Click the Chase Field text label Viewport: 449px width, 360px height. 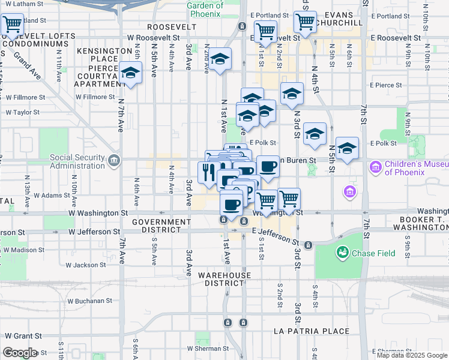coord(373,253)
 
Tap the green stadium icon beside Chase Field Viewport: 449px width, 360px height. coord(343,253)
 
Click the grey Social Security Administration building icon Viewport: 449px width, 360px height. coord(114,160)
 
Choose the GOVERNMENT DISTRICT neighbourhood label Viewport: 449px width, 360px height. coord(162,226)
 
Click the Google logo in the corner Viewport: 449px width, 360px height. coord(20,353)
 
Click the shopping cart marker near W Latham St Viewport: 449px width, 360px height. coord(12,25)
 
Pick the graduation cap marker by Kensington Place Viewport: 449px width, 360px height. coord(130,73)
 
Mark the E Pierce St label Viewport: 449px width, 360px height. coord(385,85)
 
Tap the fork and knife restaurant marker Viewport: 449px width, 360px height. coord(208,173)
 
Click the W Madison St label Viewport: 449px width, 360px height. coord(22,250)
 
